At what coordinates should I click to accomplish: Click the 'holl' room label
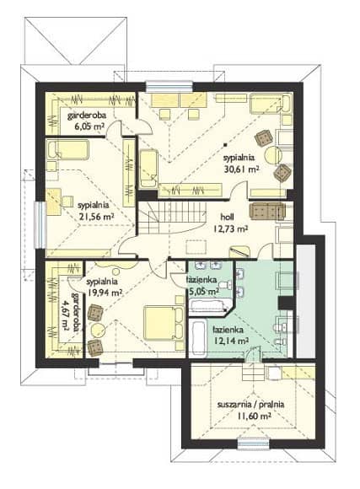coord(227,217)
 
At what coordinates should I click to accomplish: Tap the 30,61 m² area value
coord(242,169)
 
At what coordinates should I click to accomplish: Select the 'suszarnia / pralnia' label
coord(250,405)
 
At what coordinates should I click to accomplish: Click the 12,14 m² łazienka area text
coord(231,341)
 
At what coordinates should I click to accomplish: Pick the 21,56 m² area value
coord(96,217)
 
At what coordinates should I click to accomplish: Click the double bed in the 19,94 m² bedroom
coord(164,324)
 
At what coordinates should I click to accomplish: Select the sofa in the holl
coord(267,212)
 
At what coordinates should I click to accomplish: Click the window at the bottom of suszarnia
coord(253,444)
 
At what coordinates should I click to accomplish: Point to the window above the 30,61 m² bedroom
coord(169,86)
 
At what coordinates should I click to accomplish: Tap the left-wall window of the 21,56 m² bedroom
coord(40,225)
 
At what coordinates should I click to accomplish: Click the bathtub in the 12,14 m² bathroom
coord(198,338)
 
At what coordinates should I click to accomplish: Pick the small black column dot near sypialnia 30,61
coord(225,145)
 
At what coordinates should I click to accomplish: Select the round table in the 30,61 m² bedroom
coord(273,154)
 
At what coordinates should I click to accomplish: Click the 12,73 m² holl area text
coord(230,229)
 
